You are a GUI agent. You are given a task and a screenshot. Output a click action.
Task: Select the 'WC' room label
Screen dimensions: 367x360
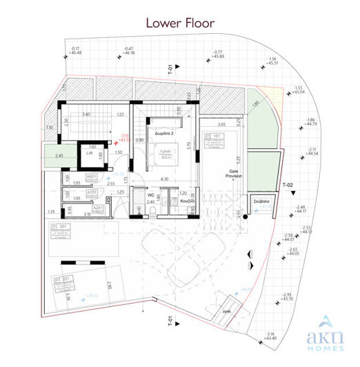150,195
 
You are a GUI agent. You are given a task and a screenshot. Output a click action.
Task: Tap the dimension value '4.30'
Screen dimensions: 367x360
164,179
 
